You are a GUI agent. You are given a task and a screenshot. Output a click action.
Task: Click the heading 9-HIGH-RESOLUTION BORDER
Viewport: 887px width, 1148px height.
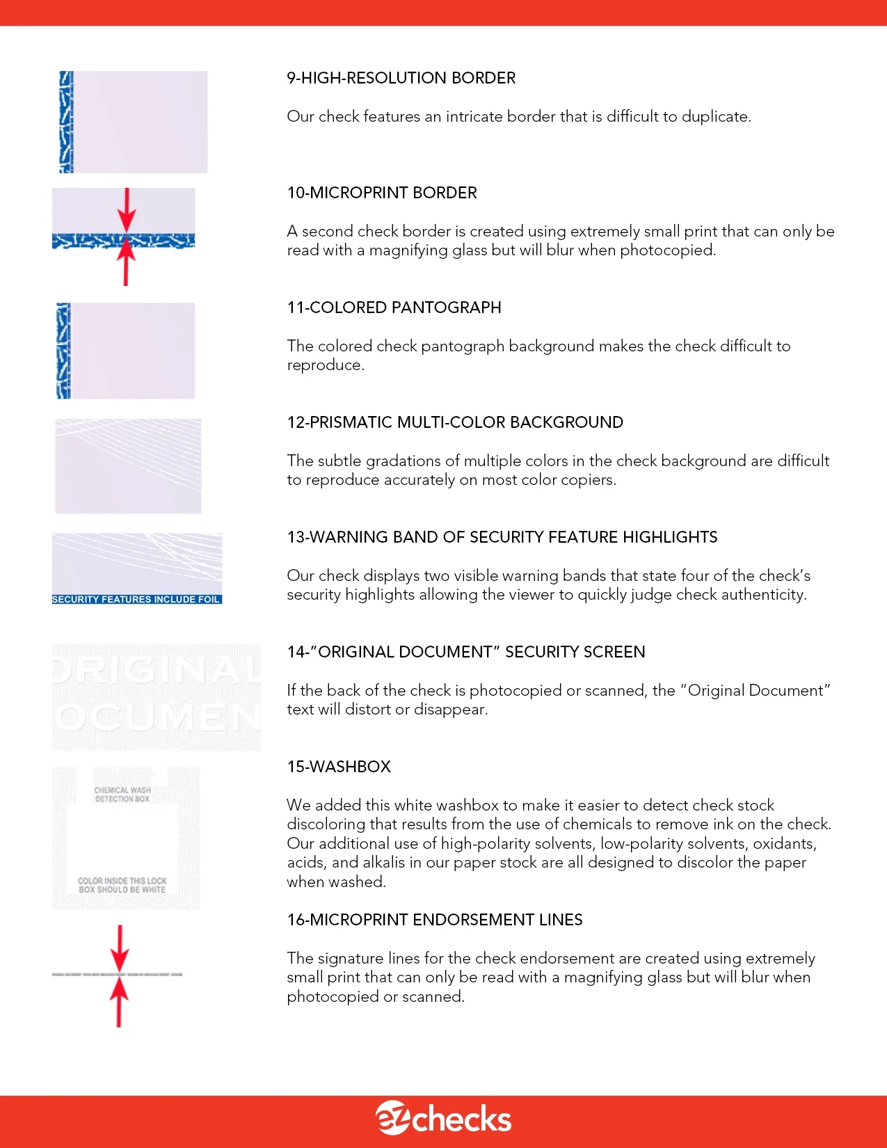[x=401, y=78]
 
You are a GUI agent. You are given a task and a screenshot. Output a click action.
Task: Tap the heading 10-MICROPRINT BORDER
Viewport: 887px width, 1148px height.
[x=382, y=193]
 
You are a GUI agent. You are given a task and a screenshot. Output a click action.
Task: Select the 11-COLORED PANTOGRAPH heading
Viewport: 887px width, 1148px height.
[x=394, y=308]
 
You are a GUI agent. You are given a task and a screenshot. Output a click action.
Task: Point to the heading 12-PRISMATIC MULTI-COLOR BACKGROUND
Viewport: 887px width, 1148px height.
[x=455, y=422]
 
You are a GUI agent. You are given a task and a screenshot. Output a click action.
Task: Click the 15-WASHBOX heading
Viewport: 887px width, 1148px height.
[x=339, y=767]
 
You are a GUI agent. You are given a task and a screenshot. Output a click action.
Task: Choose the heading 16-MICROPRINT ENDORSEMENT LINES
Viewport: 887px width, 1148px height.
[x=435, y=920]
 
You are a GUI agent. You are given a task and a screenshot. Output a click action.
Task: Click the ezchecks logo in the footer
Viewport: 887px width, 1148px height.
[x=443, y=1118]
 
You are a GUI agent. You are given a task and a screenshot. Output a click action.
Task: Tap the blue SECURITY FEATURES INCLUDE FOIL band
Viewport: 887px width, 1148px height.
[x=136, y=599]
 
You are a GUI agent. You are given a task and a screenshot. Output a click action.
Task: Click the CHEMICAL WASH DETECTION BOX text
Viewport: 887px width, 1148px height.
[x=122, y=795]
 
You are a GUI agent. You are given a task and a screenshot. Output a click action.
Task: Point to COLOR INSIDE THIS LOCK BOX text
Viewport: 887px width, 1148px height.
[x=122, y=885]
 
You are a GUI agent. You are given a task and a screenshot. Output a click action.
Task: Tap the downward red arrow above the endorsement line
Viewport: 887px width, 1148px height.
[x=120, y=948]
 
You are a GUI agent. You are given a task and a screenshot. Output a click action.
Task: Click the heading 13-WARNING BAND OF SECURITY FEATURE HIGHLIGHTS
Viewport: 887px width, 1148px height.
[x=502, y=537]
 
